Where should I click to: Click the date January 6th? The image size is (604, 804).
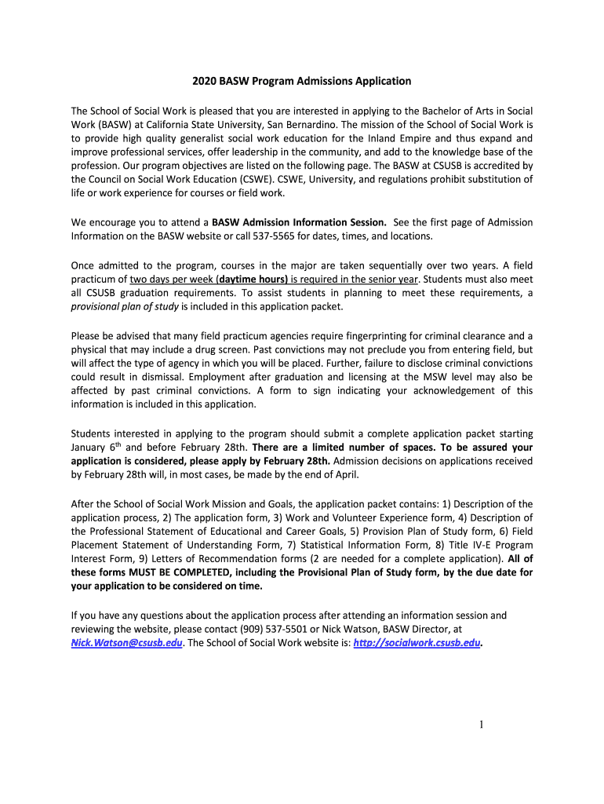(x=96, y=448)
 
